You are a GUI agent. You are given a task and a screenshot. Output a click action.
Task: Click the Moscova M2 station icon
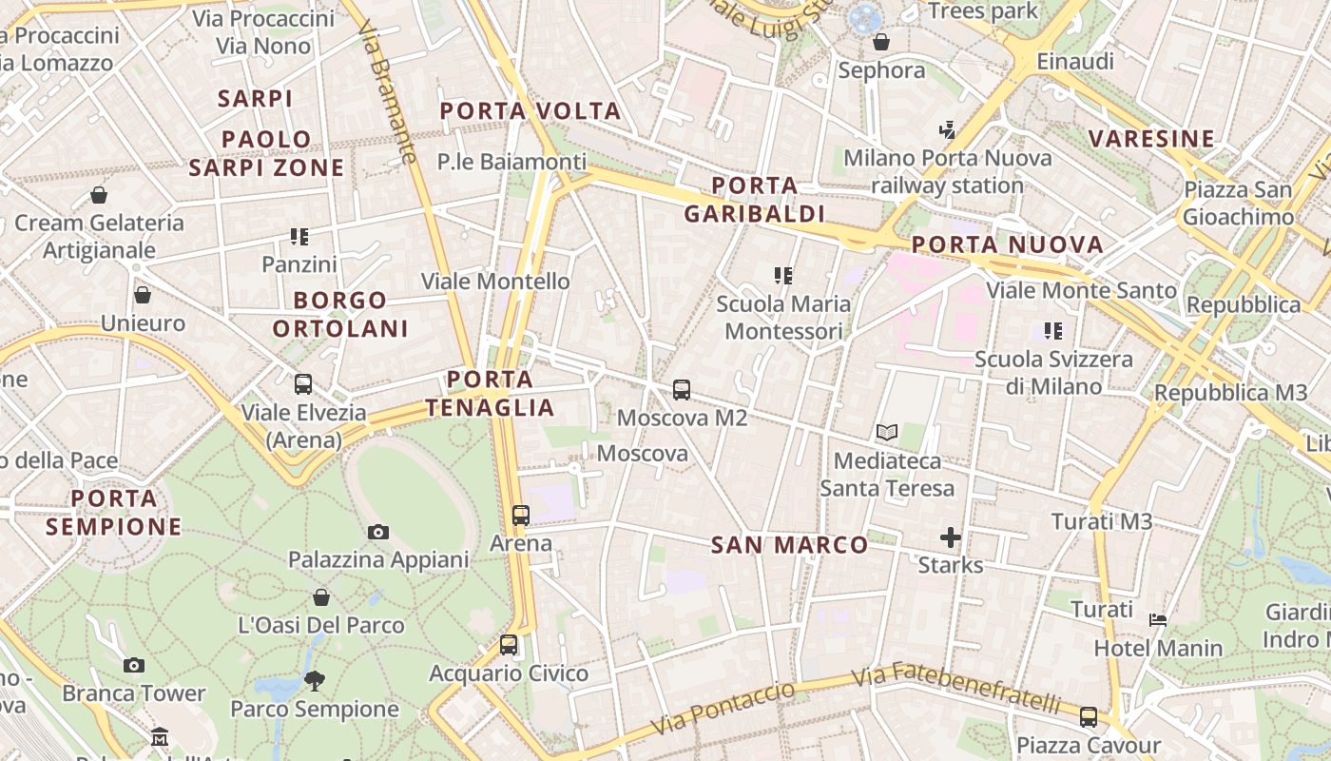coord(682,389)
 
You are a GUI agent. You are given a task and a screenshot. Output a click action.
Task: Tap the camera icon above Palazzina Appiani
coord(378,532)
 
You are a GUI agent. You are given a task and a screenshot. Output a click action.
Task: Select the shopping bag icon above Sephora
coord(881,42)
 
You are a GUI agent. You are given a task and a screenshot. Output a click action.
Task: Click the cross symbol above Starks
coord(950,537)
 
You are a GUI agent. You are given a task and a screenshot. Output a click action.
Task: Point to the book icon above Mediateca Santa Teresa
coord(887,433)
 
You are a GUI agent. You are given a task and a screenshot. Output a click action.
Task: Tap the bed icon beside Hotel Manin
coord(1158,620)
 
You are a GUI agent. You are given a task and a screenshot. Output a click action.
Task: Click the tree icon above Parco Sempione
coord(315,680)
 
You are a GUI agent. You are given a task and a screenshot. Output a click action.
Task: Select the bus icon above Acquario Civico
coord(509,645)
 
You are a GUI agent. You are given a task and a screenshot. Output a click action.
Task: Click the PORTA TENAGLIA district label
coord(490,393)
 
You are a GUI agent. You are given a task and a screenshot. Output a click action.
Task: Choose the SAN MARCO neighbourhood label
coord(790,545)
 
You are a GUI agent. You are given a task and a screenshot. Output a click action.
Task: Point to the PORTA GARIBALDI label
coord(754,199)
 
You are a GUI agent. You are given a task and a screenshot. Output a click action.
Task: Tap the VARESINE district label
coord(1152,139)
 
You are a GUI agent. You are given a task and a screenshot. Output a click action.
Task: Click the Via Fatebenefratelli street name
coord(955,690)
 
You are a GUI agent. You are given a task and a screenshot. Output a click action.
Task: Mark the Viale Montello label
coord(495,282)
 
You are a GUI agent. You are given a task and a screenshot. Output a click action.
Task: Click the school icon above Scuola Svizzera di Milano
coord(1052,331)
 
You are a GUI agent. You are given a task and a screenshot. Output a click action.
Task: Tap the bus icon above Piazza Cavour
coord(1089,716)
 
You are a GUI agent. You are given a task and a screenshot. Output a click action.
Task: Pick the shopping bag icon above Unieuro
coord(143,295)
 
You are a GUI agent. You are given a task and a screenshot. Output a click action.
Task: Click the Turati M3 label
coord(1102,521)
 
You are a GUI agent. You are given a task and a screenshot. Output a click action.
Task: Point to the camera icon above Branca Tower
coord(134,665)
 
